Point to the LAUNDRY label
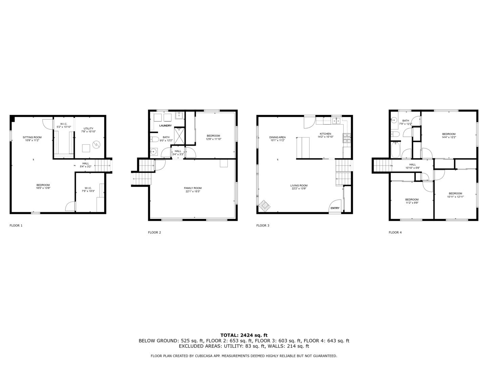point(166,126)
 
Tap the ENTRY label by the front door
point(335,208)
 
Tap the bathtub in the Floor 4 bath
point(395,150)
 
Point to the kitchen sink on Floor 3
point(337,121)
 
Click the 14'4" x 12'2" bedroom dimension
point(449,137)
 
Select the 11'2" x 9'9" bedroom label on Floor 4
point(412,201)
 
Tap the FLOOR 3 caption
point(263,225)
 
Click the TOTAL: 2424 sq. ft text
point(244,335)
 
